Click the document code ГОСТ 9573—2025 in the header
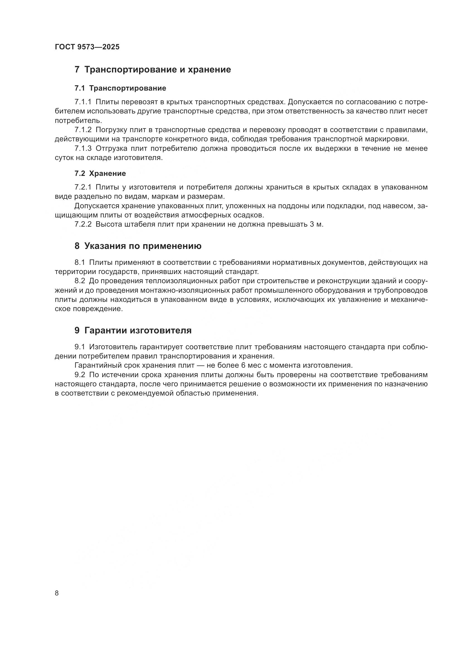click(x=87, y=47)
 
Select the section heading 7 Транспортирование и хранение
click(x=153, y=70)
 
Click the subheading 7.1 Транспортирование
click(x=120, y=88)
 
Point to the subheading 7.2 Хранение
click(x=100, y=173)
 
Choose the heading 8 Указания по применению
click(x=138, y=246)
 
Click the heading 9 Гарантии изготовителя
click(x=133, y=330)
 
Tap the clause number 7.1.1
click(x=83, y=102)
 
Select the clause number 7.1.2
click(x=83, y=130)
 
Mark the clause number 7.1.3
click(x=83, y=149)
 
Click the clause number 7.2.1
click(x=83, y=187)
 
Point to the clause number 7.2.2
click(x=83, y=224)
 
